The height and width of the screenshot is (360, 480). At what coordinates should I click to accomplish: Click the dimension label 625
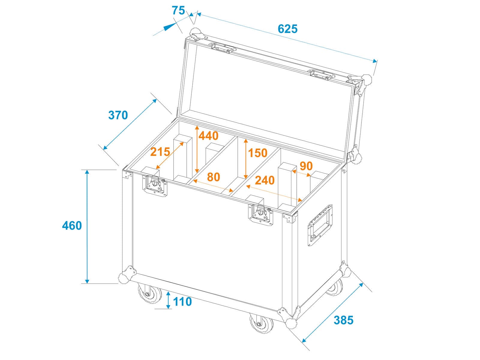pos(287,29)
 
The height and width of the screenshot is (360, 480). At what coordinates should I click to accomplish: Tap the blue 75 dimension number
pos(178,10)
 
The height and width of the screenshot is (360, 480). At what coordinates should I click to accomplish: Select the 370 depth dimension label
pos(118,115)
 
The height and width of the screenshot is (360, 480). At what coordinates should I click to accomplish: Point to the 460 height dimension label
pos(72,225)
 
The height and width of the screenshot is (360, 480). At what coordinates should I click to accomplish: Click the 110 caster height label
pos(182,301)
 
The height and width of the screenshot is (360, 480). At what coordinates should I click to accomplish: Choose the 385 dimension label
pos(343,320)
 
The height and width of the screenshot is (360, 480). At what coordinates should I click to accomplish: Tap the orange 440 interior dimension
pos(208,136)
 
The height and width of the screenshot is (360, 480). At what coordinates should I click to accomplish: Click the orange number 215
pos(160,152)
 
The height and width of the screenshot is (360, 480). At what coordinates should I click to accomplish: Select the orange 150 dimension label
pos(258,153)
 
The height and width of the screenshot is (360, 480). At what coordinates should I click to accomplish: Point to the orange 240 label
pos(265,180)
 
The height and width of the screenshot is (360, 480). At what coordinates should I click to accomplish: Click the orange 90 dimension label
pos(306,166)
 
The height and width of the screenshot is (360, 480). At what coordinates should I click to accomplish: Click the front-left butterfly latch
pos(155,185)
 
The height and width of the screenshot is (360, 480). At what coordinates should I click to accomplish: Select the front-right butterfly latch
pos(260,214)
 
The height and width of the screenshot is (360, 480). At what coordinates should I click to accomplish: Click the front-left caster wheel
pos(150,293)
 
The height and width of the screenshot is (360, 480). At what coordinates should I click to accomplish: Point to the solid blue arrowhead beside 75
pos(170,27)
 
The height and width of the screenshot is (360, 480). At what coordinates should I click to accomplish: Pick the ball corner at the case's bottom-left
pos(124,278)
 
